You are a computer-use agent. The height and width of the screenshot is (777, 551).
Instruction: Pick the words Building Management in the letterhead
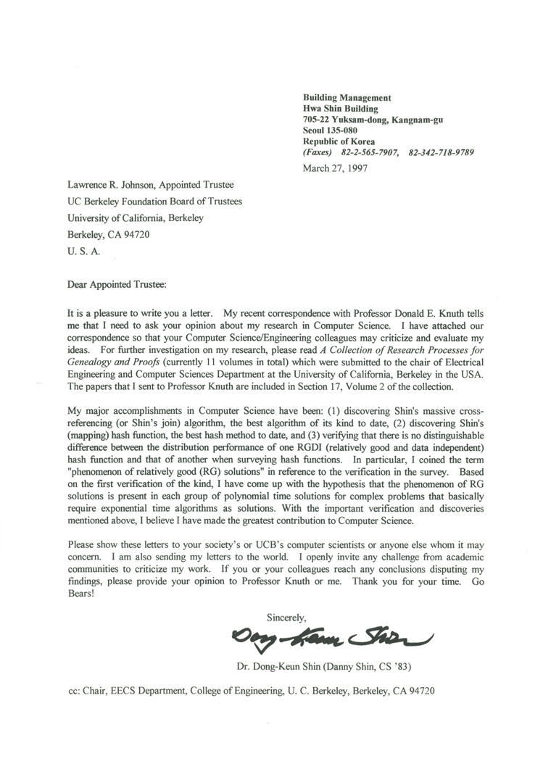pyautogui.click(x=347, y=98)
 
